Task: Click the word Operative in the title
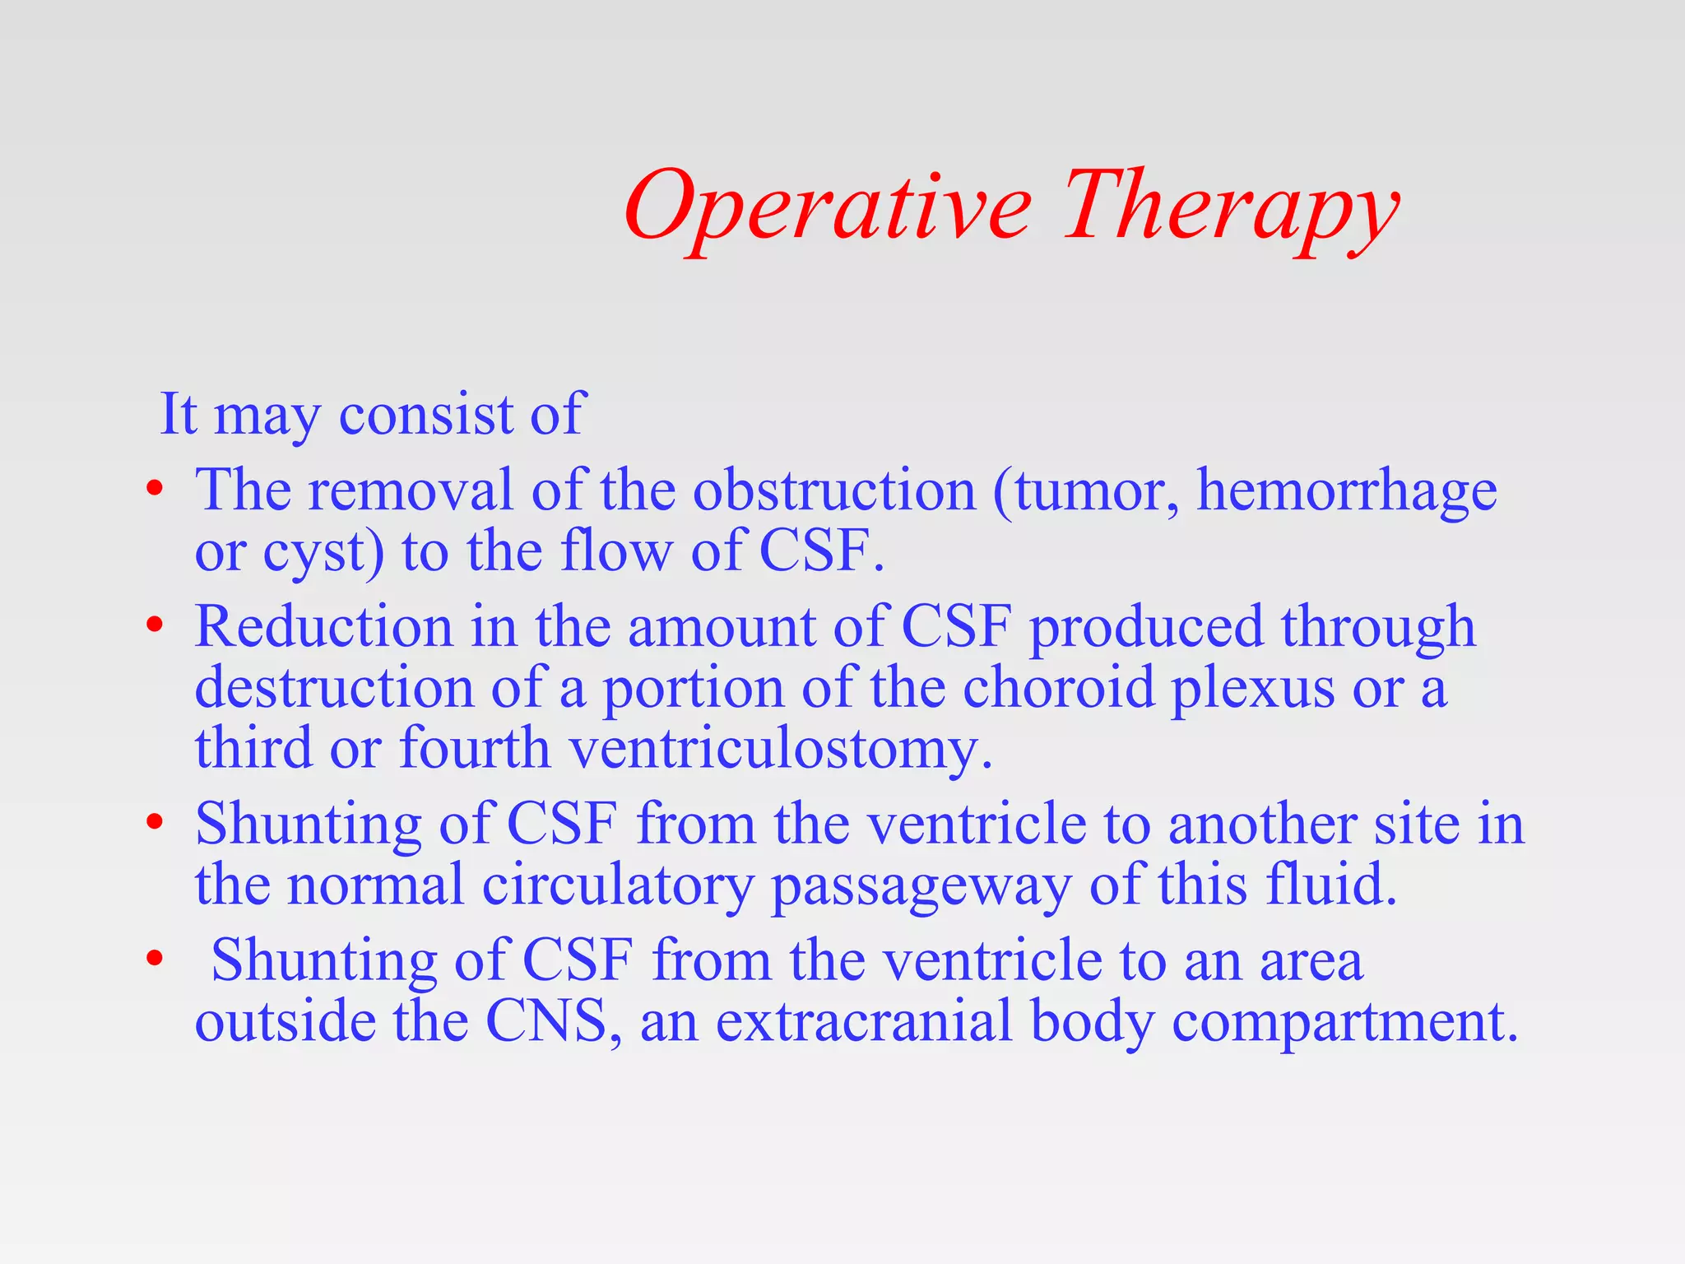[x=827, y=206]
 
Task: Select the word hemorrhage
[x=1346, y=491]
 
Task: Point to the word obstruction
[x=833, y=491]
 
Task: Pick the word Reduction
[x=323, y=627]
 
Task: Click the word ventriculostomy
[x=780, y=749]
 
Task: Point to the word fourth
[x=474, y=749]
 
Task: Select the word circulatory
[x=617, y=885]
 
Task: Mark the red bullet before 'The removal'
[x=154, y=491]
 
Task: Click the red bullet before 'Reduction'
[x=154, y=627]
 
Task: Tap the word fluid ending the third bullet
[x=1330, y=885]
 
